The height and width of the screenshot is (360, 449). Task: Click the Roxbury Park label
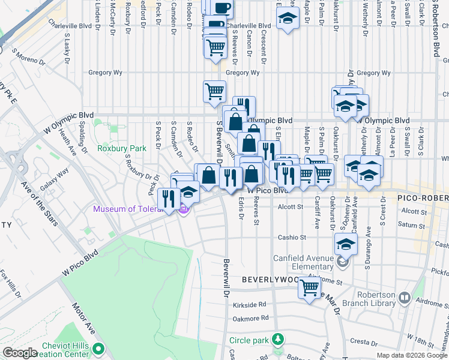coord(122,148)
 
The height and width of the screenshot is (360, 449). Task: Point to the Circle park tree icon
coord(277,340)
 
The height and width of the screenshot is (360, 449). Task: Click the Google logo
coord(20,353)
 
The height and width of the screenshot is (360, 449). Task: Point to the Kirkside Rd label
coord(250,305)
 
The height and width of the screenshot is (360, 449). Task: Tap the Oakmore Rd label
coord(250,319)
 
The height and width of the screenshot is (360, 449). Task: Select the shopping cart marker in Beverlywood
coord(310,288)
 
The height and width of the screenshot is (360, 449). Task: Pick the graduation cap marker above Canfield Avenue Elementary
coord(346,244)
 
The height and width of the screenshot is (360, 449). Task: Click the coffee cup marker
coord(221,7)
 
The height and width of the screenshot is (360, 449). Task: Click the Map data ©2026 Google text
coord(411,355)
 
